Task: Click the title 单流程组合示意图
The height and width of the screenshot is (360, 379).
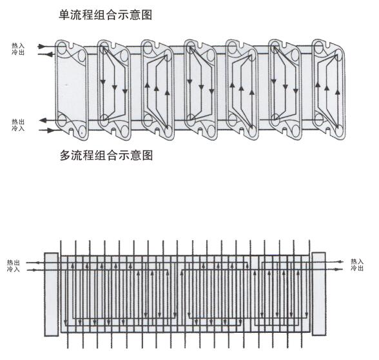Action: click(106, 15)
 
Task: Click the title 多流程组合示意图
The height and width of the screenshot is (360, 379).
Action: click(106, 155)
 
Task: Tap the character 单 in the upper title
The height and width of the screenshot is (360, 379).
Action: click(64, 15)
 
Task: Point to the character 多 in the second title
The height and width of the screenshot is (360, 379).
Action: click(65, 155)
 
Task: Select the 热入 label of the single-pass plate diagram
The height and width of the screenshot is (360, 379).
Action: click(18, 45)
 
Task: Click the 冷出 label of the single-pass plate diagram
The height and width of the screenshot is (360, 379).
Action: click(18, 52)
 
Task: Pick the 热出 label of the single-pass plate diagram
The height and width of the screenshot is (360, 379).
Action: click(18, 121)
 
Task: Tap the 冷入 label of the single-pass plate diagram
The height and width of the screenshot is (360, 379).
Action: click(18, 128)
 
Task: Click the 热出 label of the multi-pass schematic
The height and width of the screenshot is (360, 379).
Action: click(14, 263)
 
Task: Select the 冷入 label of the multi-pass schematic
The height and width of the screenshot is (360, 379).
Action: click(14, 269)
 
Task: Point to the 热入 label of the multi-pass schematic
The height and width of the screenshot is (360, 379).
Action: click(357, 261)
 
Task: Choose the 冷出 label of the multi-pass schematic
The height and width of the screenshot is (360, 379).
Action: click(357, 268)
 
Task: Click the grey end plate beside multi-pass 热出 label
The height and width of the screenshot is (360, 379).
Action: click(52, 294)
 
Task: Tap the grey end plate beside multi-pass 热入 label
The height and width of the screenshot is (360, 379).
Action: click(319, 294)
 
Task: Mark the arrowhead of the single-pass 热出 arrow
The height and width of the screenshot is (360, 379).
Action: click(43, 120)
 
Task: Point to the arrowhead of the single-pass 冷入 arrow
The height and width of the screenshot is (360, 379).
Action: click(50, 130)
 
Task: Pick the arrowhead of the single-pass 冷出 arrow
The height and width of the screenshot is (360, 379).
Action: click(49, 54)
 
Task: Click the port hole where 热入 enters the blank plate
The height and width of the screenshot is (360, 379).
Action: click(61, 48)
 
